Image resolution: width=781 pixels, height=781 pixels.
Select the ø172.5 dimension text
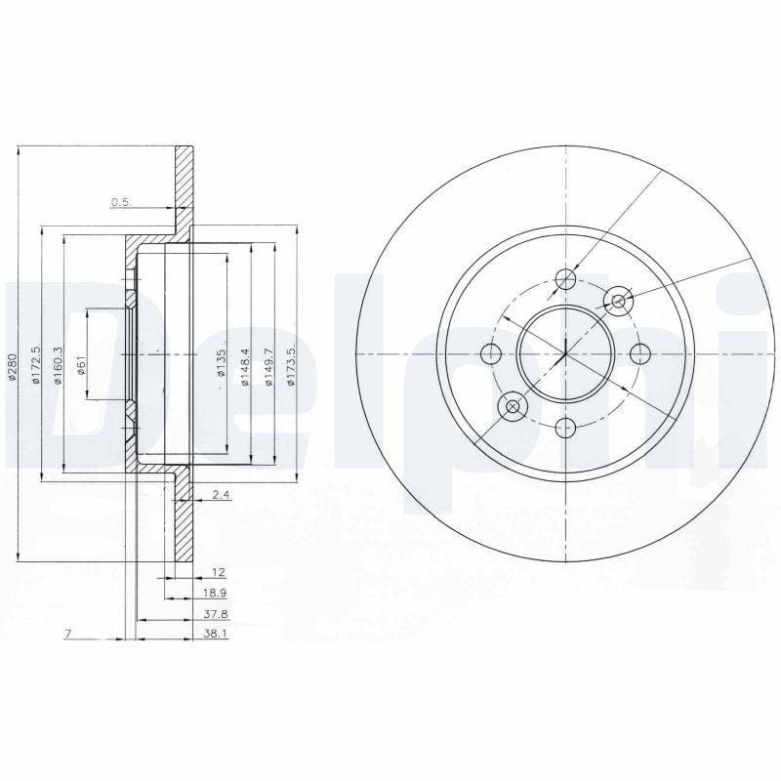pyautogui.click(x=36, y=363)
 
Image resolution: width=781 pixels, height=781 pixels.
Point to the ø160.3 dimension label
pyautogui.click(x=58, y=364)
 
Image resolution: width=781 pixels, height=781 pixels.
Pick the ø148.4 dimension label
pyautogui.click(x=245, y=367)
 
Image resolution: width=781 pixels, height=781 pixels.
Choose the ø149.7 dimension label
pyautogui.click(x=268, y=367)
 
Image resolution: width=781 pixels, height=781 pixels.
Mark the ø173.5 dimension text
pyautogui.click(x=292, y=364)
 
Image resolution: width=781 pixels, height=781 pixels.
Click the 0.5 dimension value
pyautogui.click(x=120, y=202)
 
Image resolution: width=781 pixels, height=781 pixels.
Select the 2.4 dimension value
pyautogui.click(x=221, y=495)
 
